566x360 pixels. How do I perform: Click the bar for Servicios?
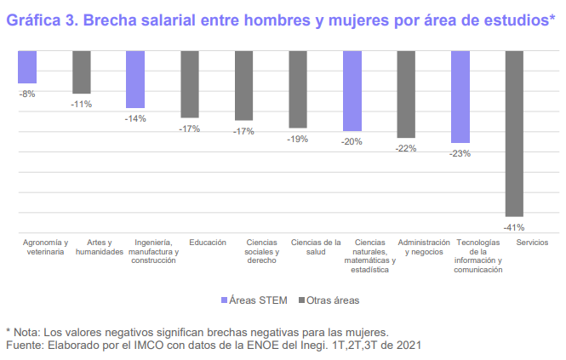pos(514,134)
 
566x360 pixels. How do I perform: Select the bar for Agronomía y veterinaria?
pos(27,67)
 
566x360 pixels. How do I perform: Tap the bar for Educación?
pos(190,84)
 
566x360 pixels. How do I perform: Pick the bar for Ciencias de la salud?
pos(298,89)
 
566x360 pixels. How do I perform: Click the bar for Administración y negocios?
pos(406,94)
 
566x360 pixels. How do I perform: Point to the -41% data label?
pos(514,227)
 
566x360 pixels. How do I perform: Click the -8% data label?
pos(27,94)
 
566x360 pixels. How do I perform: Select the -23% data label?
pos(460,153)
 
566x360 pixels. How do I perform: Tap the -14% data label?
pos(135,118)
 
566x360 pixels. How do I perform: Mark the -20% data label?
pos(352,142)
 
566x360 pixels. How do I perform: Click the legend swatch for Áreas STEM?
pos(225,300)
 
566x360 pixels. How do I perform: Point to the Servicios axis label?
pos(514,243)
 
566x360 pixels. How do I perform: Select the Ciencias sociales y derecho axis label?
pos(262,252)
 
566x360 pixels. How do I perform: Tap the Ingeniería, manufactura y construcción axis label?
pos(154,252)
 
